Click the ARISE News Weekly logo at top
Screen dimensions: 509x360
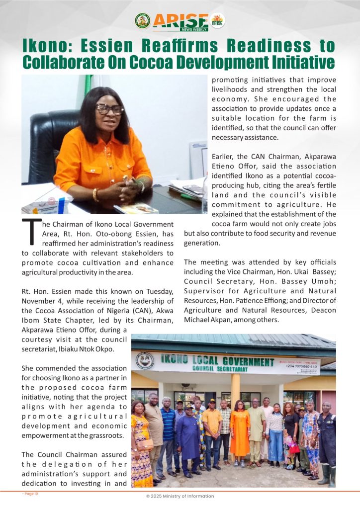(180, 21)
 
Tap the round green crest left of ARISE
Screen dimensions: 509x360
(143, 21)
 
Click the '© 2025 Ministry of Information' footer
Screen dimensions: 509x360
(180, 496)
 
